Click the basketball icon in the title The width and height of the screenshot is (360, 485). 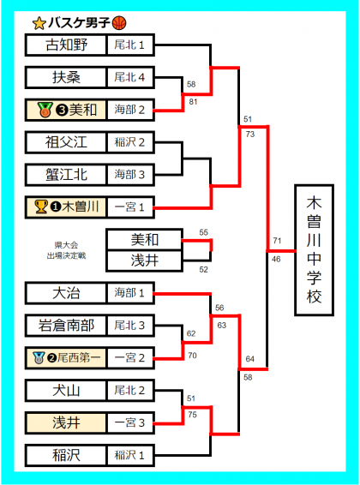pyautogui.click(x=119, y=23)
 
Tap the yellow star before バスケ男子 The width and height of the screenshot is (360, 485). pyautogui.click(x=39, y=23)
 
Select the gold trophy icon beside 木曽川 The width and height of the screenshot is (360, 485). pyautogui.click(x=41, y=207)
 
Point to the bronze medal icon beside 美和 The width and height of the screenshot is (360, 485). pyautogui.click(x=45, y=110)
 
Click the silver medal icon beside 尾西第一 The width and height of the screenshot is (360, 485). pyautogui.click(x=39, y=357)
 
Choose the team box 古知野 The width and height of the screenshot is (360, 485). pyautogui.click(x=66, y=45)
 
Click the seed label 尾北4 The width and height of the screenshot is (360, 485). pyautogui.click(x=129, y=77)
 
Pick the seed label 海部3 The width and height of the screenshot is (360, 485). pyautogui.click(x=129, y=175)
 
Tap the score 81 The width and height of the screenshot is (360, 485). pyautogui.click(x=193, y=101)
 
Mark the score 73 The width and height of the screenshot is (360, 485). pyautogui.click(x=250, y=134)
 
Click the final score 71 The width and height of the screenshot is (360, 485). pyautogui.click(x=277, y=240)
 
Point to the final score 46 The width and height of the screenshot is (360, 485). pyautogui.click(x=276, y=259)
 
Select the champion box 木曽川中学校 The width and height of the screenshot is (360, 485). pyautogui.click(x=314, y=250)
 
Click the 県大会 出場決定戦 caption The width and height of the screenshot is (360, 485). pyautogui.click(x=66, y=250)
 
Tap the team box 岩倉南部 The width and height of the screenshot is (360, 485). pyautogui.click(x=66, y=326)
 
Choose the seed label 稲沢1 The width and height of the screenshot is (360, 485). pyautogui.click(x=129, y=455)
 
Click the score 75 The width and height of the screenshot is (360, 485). pyautogui.click(x=192, y=415)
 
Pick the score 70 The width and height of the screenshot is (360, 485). pyautogui.click(x=192, y=356)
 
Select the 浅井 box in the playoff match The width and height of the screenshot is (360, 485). pyautogui.click(x=145, y=260)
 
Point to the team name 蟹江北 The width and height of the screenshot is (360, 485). pyautogui.click(x=67, y=175)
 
